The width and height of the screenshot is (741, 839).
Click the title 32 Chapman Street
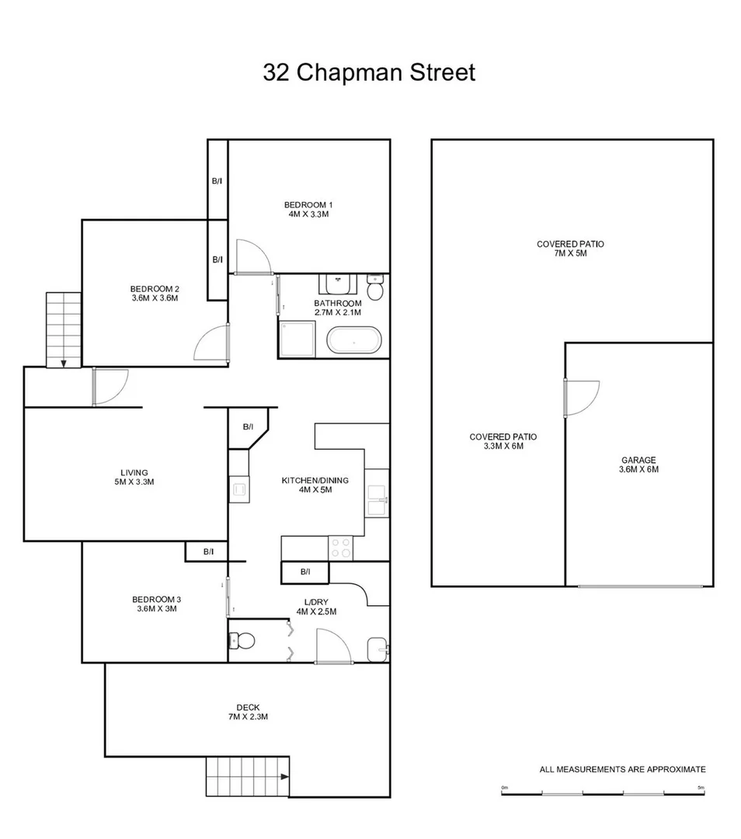tap(369, 73)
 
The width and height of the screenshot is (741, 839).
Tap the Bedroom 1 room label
tap(308, 205)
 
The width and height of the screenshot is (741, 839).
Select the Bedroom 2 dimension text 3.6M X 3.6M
tap(155, 298)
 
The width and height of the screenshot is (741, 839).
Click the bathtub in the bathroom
tap(354, 341)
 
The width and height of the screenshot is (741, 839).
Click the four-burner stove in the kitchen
tap(340, 548)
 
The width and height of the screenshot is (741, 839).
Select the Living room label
tap(134, 472)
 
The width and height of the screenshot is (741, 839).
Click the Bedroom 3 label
tap(156, 599)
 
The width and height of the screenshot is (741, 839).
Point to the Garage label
tap(638, 460)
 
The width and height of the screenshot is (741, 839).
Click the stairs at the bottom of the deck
tap(248, 775)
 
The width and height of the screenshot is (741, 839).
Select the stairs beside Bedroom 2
tap(64, 329)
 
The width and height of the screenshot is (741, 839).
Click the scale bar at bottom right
tap(603, 793)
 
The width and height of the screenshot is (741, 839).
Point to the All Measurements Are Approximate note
tap(622, 769)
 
